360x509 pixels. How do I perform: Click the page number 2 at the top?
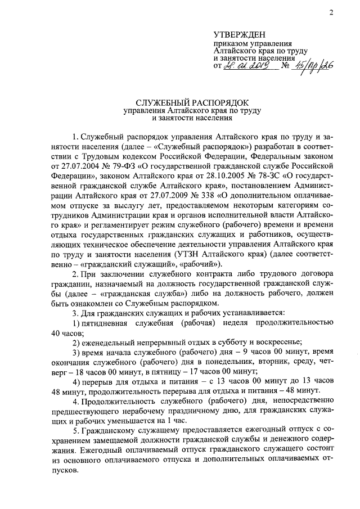pyautogui.click(x=331, y=12)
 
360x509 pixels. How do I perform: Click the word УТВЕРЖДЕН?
pyautogui.click(x=238, y=35)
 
